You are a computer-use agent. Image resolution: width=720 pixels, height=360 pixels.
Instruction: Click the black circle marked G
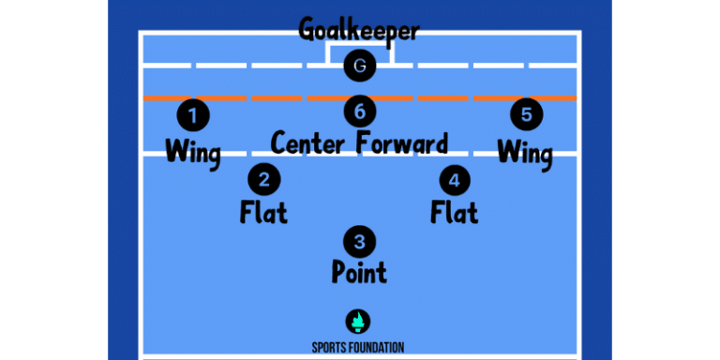tap(359, 66)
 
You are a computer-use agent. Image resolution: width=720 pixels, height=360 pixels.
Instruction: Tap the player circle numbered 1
tap(193, 116)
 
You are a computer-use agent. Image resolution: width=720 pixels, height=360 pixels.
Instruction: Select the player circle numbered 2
tap(263, 178)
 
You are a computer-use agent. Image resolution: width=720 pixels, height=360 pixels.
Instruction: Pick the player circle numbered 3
tap(359, 240)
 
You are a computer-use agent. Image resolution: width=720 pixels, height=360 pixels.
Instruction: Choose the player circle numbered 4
tap(455, 178)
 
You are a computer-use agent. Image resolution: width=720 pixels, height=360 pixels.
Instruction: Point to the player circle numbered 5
tap(526, 115)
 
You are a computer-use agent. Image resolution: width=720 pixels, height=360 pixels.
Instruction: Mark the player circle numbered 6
tap(359, 112)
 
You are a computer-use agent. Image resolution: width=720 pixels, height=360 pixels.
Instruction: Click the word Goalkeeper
tap(359, 30)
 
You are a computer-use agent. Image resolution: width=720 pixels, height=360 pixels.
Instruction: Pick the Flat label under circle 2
tap(263, 212)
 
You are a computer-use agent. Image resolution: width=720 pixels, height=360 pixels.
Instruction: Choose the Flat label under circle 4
tap(455, 212)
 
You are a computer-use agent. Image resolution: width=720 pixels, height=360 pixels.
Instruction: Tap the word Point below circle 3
tap(359, 273)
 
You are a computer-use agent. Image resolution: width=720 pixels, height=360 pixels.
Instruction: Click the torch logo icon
tap(358, 322)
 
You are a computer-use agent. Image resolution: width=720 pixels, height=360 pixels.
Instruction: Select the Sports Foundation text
tap(358, 347)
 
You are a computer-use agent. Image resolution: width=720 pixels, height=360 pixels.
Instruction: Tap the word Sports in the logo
tap(331, 347)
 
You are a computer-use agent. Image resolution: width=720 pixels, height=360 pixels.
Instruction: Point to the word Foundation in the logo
tap(378, 347)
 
